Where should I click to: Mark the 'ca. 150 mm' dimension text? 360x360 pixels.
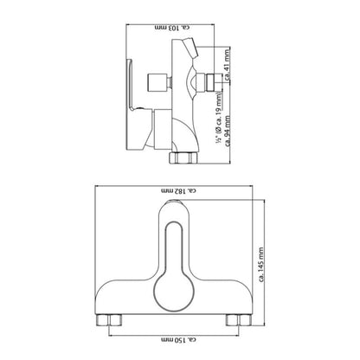coord(177,337)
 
